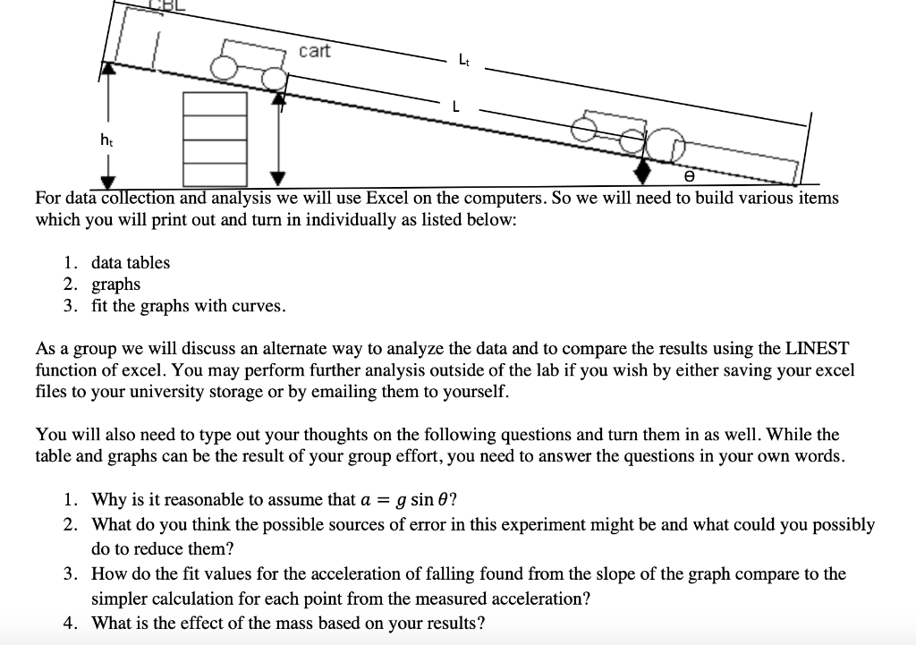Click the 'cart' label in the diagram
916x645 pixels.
pos(314,51)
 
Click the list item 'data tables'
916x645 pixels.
pos(130,262)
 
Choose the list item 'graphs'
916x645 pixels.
pos(115,284)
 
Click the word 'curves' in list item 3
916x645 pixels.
pos(259,306)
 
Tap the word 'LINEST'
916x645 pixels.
pos(817,347)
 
